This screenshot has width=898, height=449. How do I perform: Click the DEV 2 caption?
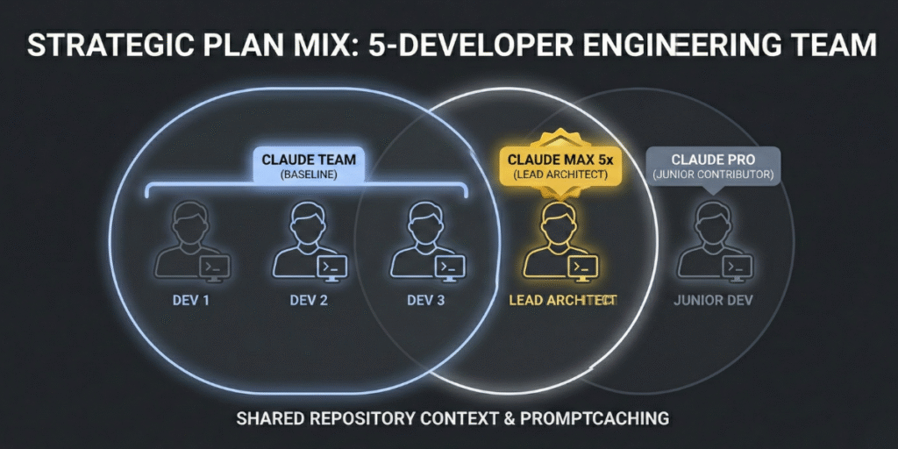tap(309, 300)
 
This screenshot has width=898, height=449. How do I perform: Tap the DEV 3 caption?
tap(427, 300)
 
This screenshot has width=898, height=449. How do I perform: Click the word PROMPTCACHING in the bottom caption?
tap(595, 418)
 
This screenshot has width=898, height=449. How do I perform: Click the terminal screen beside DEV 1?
tap(215, 267)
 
